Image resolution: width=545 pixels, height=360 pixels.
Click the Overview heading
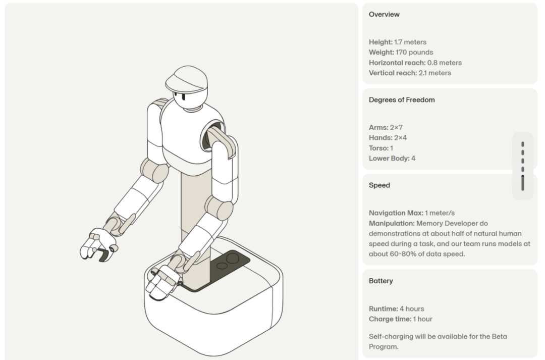tap(384, 14)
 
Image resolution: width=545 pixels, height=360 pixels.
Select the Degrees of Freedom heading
tap(402, 100)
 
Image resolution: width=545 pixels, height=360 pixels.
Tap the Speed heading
tap(379, 185)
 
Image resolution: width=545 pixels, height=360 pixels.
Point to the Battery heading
tap(380, 281)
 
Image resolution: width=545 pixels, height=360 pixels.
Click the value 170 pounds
tap(414, 52)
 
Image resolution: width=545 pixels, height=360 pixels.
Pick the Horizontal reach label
tap(397, 63)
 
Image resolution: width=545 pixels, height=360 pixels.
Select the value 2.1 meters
tap(435, 73)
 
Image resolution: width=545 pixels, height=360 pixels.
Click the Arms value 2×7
tap(396, 127)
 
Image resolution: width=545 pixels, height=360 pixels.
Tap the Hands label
tap(380, 137)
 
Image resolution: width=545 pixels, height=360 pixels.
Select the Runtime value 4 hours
tap(412, 308)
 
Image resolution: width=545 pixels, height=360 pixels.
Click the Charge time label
tap(390, 319)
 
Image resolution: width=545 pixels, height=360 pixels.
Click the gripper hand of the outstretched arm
tap(98, 245)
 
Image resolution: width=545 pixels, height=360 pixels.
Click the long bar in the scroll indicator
tap(523, 183)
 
